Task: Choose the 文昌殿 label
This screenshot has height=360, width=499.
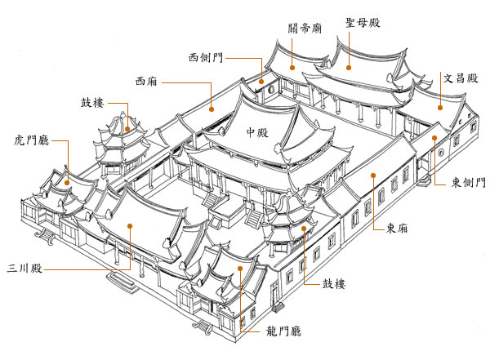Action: [460, 80]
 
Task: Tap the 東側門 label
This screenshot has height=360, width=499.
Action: [470, 183]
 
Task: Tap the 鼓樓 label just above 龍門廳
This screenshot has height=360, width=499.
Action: [334, 283]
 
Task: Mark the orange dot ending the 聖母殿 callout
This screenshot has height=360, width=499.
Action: [350, 69]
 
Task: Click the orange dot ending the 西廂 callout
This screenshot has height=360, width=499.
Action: [212, 108]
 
